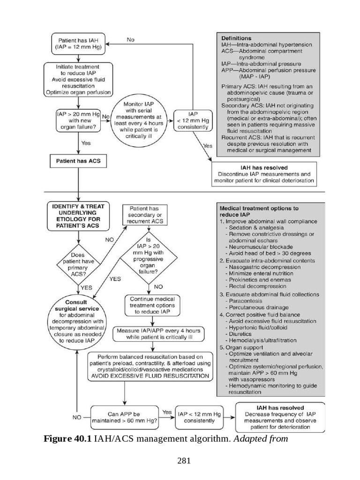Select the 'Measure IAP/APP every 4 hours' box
pyautogui.click(x=152, y=334)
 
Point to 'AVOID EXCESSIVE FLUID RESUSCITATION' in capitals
pyautogui.click(x=150, y=375)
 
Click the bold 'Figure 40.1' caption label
pyautogui.click(x=68, y=439)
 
